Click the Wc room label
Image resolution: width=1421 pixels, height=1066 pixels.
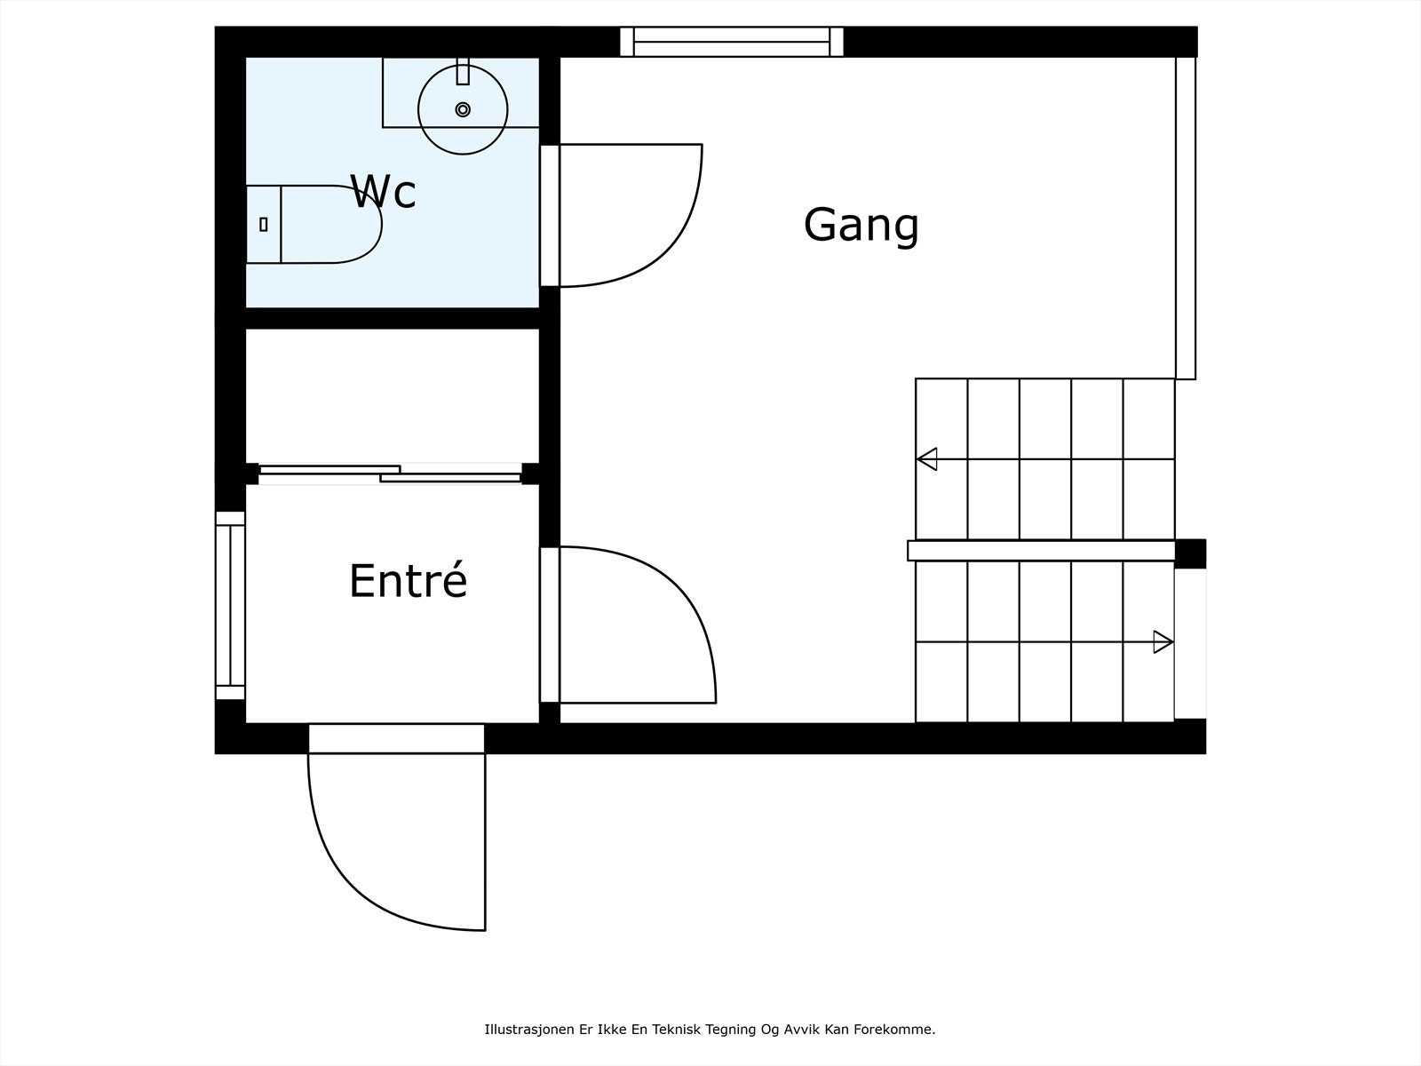(383, 192)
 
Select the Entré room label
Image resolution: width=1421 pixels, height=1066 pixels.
(408, 581)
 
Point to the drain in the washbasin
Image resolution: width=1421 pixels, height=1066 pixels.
(463, 109)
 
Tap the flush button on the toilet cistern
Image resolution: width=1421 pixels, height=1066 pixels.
(264, 224)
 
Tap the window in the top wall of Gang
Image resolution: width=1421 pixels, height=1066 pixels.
(732, 42)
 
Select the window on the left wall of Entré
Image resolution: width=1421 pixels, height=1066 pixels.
(230, 605)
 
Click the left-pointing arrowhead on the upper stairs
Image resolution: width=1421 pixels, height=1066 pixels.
(927, 459)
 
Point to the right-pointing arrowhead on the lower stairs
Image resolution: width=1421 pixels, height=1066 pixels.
(1163, 641)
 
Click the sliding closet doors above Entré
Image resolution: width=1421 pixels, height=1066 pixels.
(391, 473)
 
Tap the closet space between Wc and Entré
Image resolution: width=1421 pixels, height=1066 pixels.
(392, 395)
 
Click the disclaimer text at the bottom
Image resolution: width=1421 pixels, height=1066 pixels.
(710, 1030)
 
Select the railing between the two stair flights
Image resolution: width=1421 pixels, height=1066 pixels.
(1041, 551)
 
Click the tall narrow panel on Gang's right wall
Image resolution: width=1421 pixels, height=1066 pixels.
(1186, 218)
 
